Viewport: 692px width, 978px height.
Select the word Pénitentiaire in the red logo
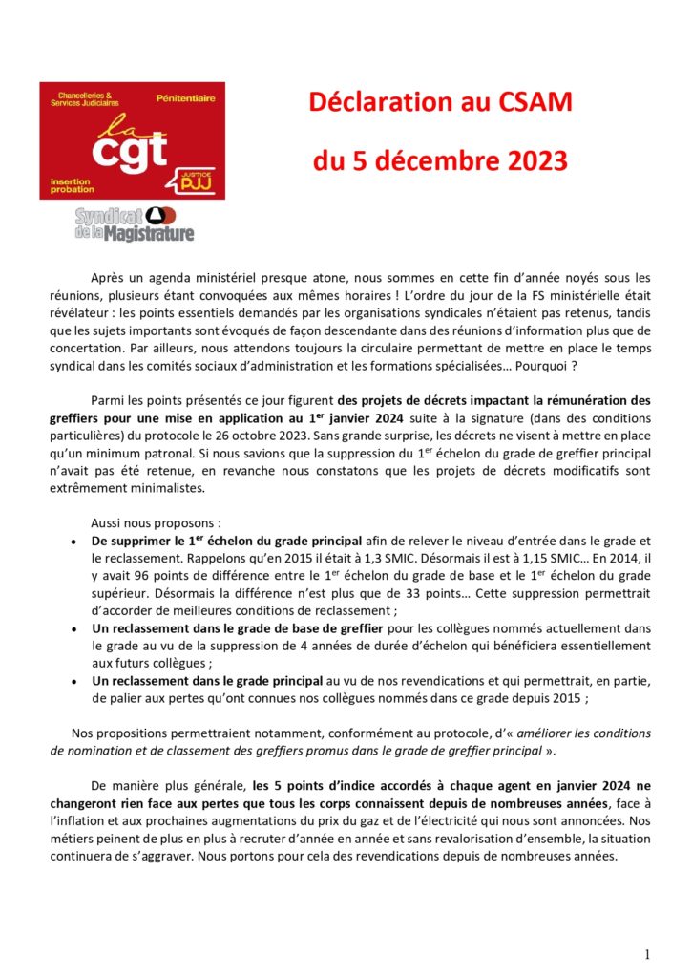(186, 98)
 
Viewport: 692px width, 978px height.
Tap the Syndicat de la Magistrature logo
(135, 223)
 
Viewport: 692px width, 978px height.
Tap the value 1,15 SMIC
(542, 557)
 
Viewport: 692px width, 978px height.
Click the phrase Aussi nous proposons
(156, 522)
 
